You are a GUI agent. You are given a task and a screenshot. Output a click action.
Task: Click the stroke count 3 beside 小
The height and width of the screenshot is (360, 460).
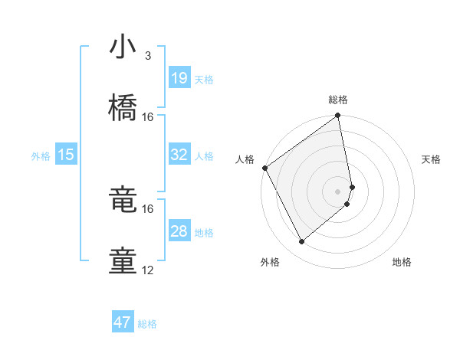(147, 56)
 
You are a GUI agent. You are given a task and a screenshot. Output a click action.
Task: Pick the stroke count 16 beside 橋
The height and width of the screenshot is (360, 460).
(148, 117)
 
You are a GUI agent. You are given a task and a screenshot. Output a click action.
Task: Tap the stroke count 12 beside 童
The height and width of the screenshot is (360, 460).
(148, 270)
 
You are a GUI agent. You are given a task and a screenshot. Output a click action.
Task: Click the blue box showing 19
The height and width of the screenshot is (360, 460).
(179, 77)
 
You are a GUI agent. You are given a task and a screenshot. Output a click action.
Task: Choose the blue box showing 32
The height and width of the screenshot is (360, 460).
(179, 155)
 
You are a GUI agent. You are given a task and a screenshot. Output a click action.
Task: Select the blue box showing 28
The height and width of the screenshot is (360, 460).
(179, 231)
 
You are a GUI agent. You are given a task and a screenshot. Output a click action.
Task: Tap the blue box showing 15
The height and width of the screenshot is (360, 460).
(66, 155)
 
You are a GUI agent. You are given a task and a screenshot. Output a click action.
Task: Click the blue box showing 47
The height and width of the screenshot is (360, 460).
(123, 322)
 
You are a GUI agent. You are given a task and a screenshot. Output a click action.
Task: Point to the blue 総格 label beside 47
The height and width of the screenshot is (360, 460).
(147, 324)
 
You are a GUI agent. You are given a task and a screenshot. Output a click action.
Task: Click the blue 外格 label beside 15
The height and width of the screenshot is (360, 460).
(41, 156)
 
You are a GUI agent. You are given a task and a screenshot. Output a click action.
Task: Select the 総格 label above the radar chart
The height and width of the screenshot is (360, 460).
(338, 100)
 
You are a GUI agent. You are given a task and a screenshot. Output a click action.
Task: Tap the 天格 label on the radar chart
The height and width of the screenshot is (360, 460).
(432, 159)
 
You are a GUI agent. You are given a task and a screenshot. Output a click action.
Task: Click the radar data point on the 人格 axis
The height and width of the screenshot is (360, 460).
(264, 168)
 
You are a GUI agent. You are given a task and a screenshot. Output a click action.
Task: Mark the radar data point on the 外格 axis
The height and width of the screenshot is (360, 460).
(301, 241)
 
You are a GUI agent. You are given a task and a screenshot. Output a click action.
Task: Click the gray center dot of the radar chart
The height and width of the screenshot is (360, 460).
(338, 191)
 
